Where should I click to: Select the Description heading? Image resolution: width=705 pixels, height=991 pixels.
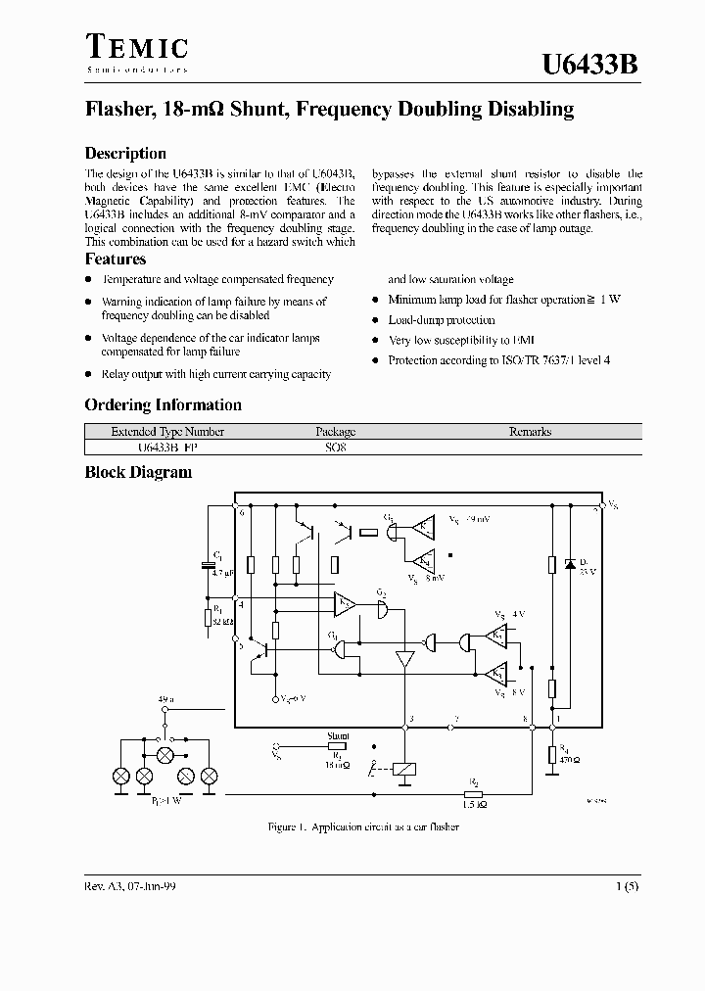(x=125, y=154)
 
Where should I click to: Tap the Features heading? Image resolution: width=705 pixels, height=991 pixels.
(x=116, y=260)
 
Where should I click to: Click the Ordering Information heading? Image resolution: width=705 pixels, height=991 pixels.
(x=163, y=405)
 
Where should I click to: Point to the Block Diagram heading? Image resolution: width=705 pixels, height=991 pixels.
(x=138, y=472)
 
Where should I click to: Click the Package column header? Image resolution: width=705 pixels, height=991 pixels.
(x=336, y=432)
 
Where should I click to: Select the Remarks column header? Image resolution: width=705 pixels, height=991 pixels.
(x=530, y=432)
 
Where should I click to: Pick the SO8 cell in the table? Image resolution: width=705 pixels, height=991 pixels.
(x=336, y=446)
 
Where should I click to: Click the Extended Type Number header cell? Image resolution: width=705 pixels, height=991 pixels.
(x=167, y=432)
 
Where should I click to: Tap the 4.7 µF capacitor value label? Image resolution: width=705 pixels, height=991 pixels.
(x=222, y=574)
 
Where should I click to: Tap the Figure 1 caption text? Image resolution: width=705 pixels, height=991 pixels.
(x=363, y=827)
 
